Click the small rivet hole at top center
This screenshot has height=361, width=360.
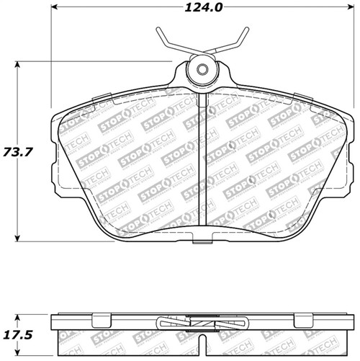tap(203, 70)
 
